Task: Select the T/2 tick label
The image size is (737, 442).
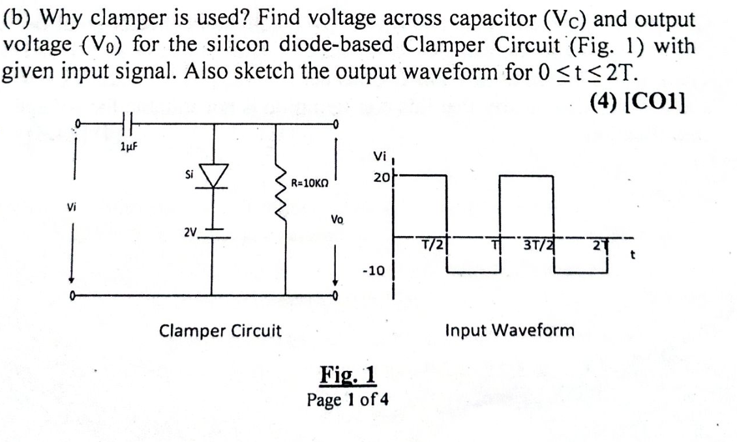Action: [433, 245]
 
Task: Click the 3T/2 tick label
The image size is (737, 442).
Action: [537, 245]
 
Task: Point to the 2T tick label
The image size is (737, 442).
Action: [603, 246]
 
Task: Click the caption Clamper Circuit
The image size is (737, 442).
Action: [220, 331]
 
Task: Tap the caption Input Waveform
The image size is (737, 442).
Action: [509, 330]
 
